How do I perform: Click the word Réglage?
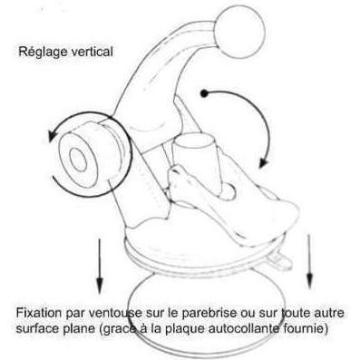pyautogui.click(x=42, y=52)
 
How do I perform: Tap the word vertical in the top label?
pyautogui.click(x=91, y=51)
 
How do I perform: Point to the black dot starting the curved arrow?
pyautogui.click(x=204, y=93)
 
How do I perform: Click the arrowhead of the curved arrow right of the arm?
pyautogui.click(x=263, y=162)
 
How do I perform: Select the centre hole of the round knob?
pyautogui.click(x=78, y=160)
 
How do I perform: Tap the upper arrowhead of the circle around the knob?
pyautogui.click(x=52, y=135)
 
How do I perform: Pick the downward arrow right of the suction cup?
pyautogui.click(x=309, y=261)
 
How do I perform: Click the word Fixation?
pyautogui.click(x=39, y=313)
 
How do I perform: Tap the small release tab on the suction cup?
pyautogui.click(x=279, y=260)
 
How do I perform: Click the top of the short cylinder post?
pyautogui.click(x=193, y=141)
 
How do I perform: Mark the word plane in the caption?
pyautogui.click(x=78, y=329)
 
